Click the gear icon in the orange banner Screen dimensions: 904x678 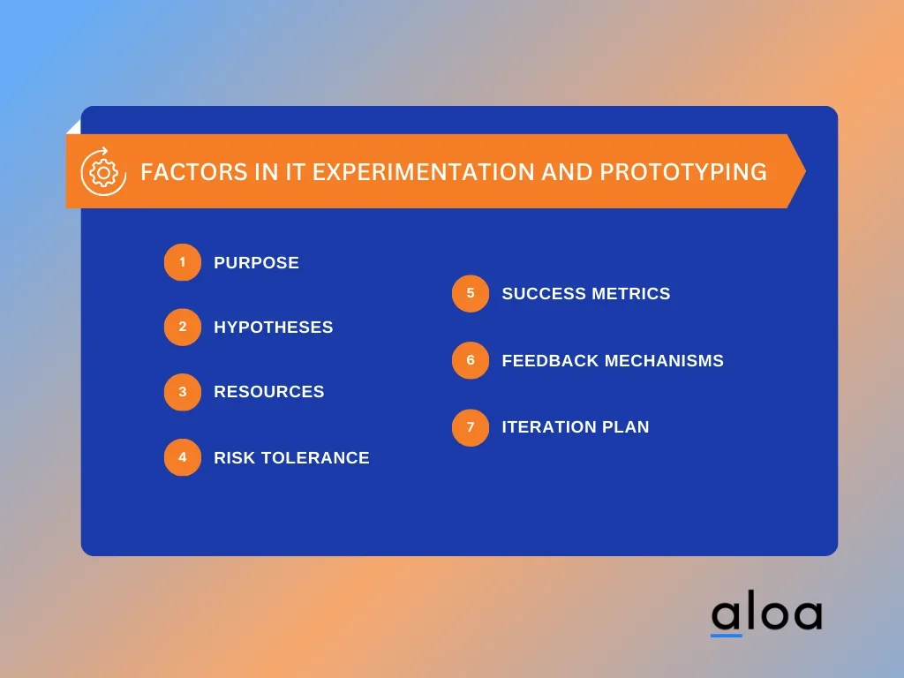pos(104,172)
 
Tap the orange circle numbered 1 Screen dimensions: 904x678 pos(183,262)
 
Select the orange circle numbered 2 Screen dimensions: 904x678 pos(183,327)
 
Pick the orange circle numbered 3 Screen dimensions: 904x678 pos(183,392)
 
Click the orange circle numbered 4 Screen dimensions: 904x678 pos(183,457)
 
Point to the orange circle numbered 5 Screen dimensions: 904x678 pos(471,293)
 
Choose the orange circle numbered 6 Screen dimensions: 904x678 pos(471,360)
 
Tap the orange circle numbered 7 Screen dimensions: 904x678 pos(471,427)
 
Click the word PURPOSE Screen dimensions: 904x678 pos(257,263)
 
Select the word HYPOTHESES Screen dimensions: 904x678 pos(274,328)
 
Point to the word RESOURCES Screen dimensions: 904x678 pos(269,392)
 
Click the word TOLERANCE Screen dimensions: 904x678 pos(315,458)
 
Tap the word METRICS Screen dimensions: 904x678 pos(630,293)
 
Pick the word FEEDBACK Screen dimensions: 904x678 pos(551,361)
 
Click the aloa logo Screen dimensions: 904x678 pos(766,613)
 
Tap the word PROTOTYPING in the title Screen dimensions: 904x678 pos(683,172)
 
